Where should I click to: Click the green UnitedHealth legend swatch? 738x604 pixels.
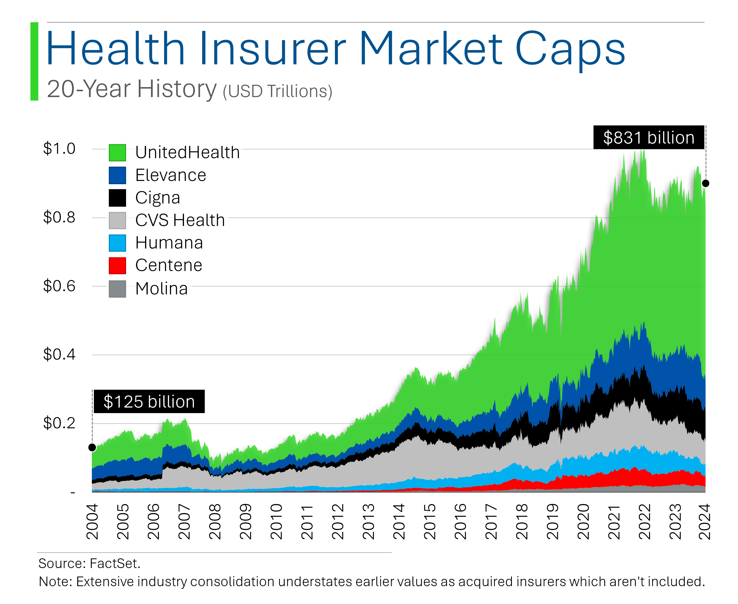[x=117, y=152]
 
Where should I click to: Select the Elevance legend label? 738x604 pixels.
[x=171, y=175]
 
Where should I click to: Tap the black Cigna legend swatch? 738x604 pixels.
[x=117, y=198]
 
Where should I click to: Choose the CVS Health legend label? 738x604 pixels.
[x=180, y=220]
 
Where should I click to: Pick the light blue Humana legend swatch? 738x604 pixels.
[x=117, y=243]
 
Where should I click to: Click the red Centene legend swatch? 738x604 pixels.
[x=117, y=265]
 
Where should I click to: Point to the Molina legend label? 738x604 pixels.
[x=161, y=289]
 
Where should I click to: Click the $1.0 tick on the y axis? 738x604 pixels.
[x=59, y=149]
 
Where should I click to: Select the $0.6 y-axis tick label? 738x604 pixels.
[x=59, y=286]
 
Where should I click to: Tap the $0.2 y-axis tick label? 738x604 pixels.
[x=59, y=423]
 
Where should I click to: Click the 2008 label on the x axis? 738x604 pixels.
[x=215, y=522]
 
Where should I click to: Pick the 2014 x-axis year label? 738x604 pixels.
[x=399, y=522]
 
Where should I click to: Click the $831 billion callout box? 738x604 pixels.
[x=648, y=137]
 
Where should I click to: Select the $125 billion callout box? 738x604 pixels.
[x=149, y=401]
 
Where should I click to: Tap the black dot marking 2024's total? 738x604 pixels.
[x=705, y=183]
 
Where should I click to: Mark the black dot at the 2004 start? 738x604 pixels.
[x=92, y=447]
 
